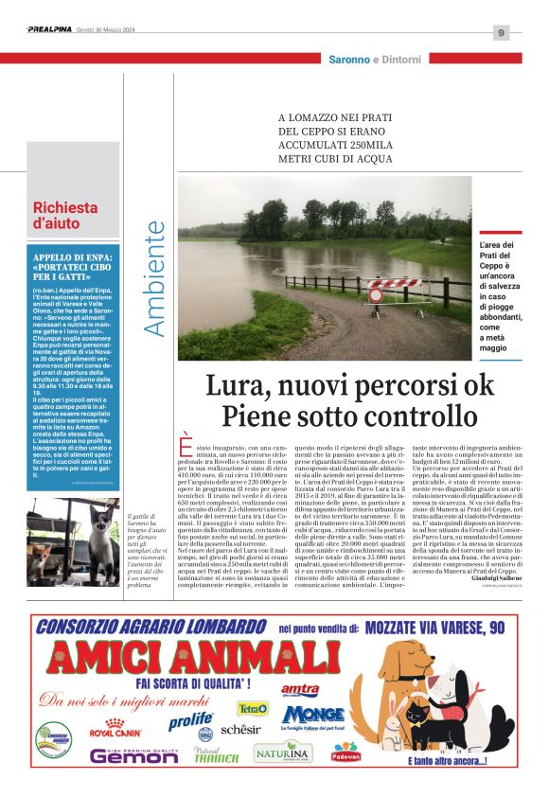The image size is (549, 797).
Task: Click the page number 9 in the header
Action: [x=501, y=33]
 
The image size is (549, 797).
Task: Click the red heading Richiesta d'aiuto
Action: [x=65, y=217]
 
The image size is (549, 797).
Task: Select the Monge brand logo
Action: [x=312, y=714]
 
